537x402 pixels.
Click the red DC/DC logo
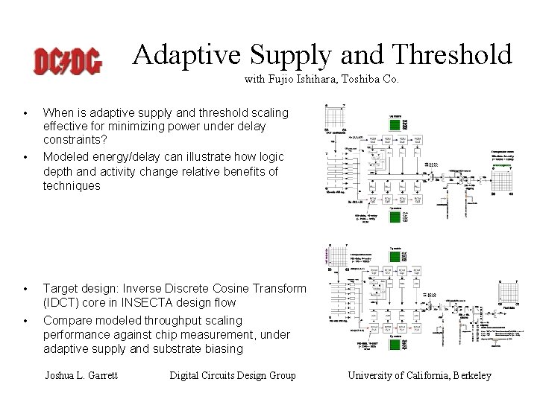coord(68,60)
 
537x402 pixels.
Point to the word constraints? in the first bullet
coord(75,139)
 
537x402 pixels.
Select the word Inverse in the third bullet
coord(151,288)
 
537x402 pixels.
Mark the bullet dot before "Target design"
coord(25,289)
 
